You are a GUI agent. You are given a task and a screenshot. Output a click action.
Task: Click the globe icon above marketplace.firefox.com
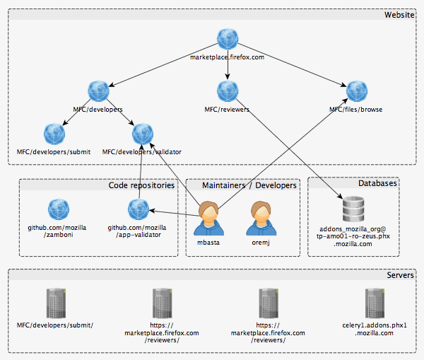[x=228, y=40]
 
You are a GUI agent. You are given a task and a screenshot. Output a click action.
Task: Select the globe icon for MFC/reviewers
[x=228, y=91]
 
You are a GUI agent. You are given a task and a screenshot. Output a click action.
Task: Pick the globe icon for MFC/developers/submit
[x=54, y=134]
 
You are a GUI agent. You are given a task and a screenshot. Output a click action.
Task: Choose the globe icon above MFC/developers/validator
[x=142, y=134]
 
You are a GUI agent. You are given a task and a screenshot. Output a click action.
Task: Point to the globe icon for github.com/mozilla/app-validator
[x=138, y=209]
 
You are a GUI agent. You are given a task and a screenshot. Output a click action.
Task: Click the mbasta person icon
[x=208, y=217]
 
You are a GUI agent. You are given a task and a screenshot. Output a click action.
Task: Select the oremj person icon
[x=259, y=217]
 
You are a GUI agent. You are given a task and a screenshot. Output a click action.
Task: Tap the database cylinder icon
[x=353, y=210]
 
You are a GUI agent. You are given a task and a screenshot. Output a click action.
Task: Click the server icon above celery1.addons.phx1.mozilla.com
[x=375, y=303]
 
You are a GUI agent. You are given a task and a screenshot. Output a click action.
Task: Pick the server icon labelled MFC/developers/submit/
[x=54, y=303]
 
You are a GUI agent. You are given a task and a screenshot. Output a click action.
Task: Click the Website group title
[x=399, y=15]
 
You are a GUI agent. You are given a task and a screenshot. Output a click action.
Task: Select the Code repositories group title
[x=141, y=185]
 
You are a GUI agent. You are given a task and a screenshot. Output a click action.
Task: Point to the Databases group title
[x=377, y=183]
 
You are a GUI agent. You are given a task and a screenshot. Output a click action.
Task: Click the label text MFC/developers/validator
[x=142, y=151]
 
